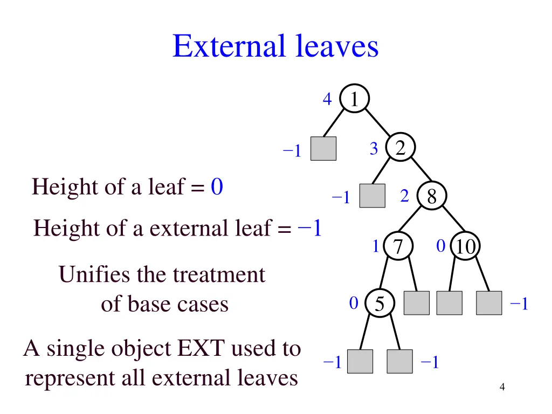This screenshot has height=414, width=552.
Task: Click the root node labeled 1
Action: pyautogui.click(x=354, y=99)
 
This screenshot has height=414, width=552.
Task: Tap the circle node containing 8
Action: pyautogui.click(x=431, y=197)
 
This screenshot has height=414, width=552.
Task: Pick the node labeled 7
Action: pyautogui.click(x=398, y=247)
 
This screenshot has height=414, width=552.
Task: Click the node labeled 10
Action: pyautogui.click(x=465, y=247)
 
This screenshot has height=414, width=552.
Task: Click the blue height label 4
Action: pyautogui.click(x=327, y=99)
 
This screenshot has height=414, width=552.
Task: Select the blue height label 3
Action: pyautogui.click(x=374, y=149)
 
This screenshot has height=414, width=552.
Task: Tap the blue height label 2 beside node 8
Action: pyautogui.click(x=405, y=197)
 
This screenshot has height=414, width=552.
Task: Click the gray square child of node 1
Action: pyautogui.click(x=323, y=148)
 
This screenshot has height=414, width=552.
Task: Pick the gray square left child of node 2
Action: pyautogui.click(x=372, y=196)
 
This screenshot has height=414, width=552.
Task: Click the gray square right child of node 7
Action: pyautogui.click(x=417, y=303)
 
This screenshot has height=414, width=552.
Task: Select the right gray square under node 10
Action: pyautogui.click(x=489, y=303)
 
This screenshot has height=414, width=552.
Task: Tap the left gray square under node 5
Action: pyautogui.click(x=360, y=361)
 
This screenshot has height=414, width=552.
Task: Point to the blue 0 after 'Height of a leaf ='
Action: pyautogui.click(x=217, y=187)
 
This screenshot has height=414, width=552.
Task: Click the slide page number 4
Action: pyautogui.click(x=502, y=387)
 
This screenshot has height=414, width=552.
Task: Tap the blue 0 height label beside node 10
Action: pyautogui.click(x=440, y=246)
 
